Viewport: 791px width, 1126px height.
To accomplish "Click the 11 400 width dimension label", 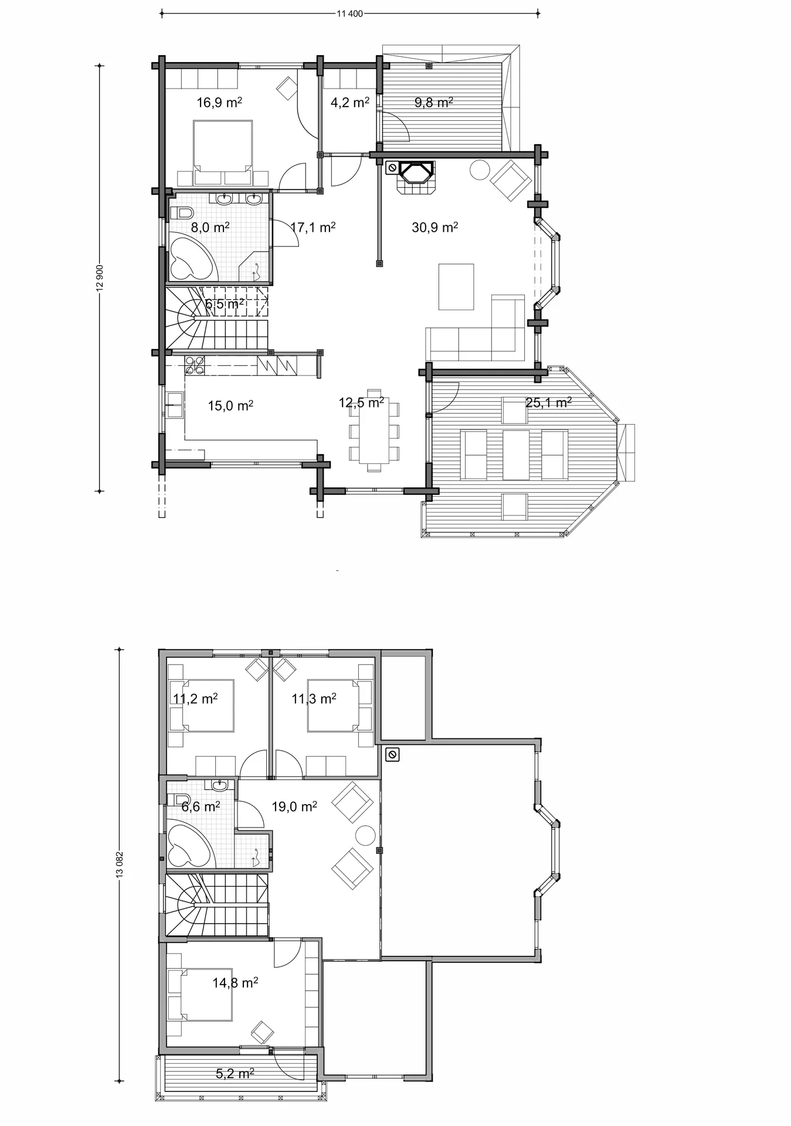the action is pyautogui.click(x=350, y=14).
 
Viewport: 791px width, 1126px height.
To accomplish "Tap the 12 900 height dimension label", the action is pyautogui.click(x=100, y=277).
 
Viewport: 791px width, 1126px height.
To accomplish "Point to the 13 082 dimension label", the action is pyautogui.click(x=120, y=865).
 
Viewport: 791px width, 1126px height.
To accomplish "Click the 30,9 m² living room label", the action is pyautogui.click(x=434, y=227).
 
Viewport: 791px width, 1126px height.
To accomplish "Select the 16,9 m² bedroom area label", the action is pyautogui.click(x=219, y=103).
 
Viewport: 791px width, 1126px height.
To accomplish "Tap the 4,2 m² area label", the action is pyautogui.click(x=350, y=103).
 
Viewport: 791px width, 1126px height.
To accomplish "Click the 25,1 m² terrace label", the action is pyautogui.click(x=549, y=402).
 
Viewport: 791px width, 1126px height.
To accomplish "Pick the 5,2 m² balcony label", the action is pyautogui.click(x=235, y=1074).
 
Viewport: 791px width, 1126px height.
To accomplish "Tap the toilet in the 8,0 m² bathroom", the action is pyautogui.click(x=181, y=212).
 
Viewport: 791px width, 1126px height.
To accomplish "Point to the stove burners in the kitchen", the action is pyautogui.click(x=195, y=365).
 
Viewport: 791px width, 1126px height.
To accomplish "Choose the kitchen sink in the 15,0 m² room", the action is pyautogui.click(x=175, y=405).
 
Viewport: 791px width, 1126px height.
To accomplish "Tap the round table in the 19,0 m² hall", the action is pyautogui.click(x=365, y=835).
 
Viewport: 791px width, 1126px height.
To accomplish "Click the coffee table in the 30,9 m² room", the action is pyautogui.click(x=456, y=287).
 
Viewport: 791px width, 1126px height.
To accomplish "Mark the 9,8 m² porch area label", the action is pyautogui.click(x=434, y=103).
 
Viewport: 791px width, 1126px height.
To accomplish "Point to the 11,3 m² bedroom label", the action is pyautogui.click(x=314, y=698).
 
